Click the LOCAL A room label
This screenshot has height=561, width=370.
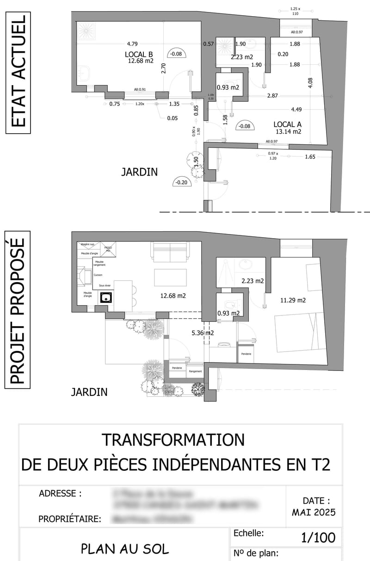point(288,124)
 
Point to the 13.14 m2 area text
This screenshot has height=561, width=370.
point(288,131)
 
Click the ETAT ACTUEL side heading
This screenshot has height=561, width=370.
point(18,73)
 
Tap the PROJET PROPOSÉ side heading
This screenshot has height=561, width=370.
point(18,311)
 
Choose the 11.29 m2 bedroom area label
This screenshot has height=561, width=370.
point(293,301)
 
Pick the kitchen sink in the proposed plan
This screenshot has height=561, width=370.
point(106,297)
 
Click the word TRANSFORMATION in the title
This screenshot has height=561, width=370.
point(173,439)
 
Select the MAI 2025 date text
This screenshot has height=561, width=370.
point(314,512)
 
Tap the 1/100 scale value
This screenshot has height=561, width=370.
point(318,537)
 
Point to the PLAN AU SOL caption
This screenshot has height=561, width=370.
point(125,549)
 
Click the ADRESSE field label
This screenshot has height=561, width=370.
point(60,493)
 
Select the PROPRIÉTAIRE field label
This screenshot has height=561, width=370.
point(70,519)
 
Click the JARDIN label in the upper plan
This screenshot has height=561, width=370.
point(139,172)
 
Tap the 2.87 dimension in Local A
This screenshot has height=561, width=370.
point(272,95)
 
